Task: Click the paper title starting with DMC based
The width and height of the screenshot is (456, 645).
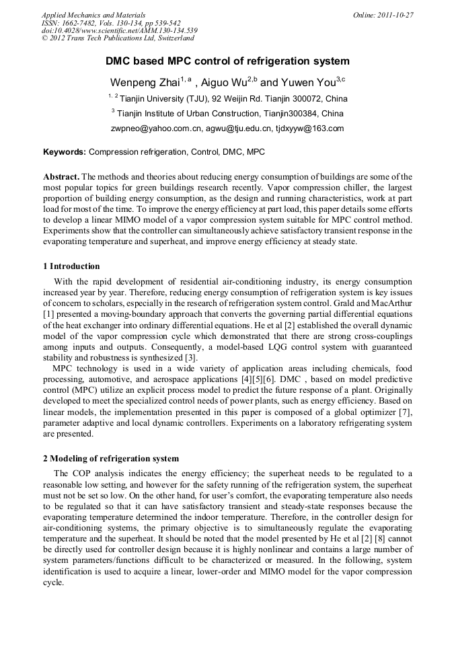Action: tap(227, 61)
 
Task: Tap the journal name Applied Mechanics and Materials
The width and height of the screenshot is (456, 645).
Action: tap(93, 15)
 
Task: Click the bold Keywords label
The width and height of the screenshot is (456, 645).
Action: tap(65, 152)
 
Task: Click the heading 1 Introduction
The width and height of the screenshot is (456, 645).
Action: tap(71, 266)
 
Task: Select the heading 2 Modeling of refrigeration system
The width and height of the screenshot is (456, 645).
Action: tap(111, 458)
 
